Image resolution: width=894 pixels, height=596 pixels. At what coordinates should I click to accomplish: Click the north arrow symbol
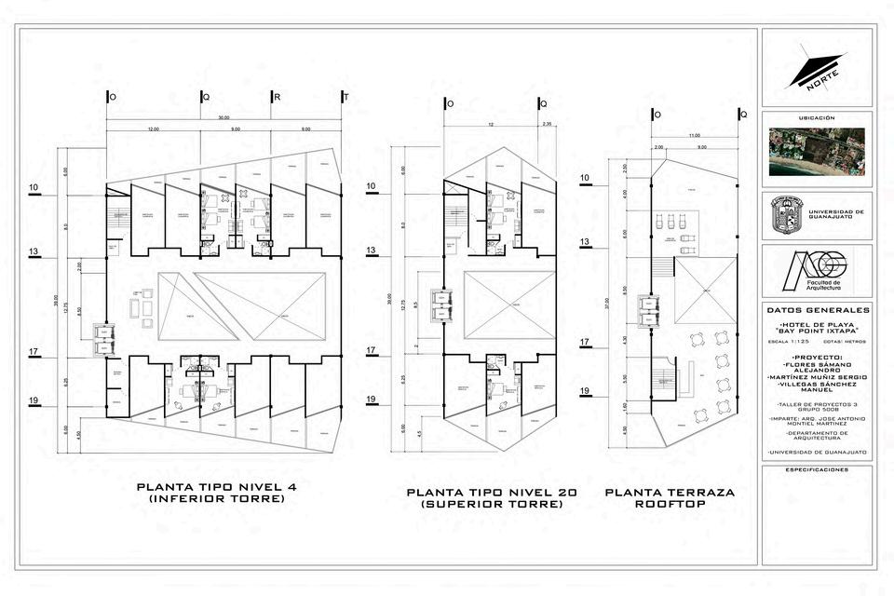[x=817, y=70]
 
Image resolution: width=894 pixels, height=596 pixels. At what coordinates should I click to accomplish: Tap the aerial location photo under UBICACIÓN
[x=817, y=151]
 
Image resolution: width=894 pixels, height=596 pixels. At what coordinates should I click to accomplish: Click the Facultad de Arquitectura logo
[x=811, y=269]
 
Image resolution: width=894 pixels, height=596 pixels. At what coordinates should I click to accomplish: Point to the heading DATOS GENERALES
[x=818, y=310]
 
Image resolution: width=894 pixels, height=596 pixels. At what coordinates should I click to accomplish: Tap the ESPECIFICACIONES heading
[x=818, y=470]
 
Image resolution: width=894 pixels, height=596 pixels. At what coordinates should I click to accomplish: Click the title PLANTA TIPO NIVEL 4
[x=217, y=487]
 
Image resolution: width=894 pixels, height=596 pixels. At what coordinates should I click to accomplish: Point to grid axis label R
[x=277, y=97]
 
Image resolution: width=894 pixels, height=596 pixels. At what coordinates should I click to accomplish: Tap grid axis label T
[x=345, y=97]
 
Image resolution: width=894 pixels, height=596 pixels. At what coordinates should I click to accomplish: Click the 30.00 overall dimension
[x=223, y=118]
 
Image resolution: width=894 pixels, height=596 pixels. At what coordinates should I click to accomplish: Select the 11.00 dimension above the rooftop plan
[x=694, y=136]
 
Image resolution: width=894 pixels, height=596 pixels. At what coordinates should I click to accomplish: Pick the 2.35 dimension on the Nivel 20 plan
[x=547, y=124]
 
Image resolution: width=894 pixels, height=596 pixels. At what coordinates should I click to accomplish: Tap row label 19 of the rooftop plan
[x=586, y=391]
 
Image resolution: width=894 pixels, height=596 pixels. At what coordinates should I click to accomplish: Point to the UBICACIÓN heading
[x=817, y=119]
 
